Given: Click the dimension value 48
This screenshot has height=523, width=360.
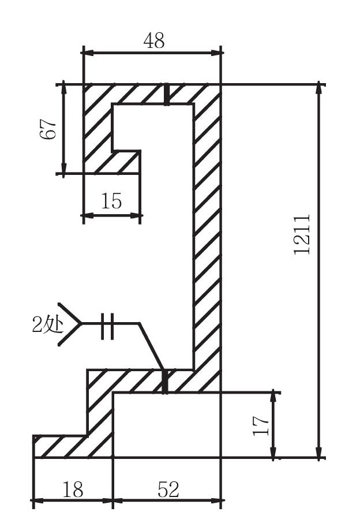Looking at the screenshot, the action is (x=154, y=41).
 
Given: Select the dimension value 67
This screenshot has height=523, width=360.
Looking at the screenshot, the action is (x=48, y=129).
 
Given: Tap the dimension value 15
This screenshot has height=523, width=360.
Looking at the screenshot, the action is (x=111, y=201).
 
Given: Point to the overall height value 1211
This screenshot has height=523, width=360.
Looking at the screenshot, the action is (x=302, y=234).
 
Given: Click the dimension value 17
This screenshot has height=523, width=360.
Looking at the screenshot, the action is (x=261, y=425).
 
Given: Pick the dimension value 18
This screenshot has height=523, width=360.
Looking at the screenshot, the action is (x=73, y=490).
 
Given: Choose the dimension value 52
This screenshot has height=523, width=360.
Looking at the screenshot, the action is (x=168, y=490).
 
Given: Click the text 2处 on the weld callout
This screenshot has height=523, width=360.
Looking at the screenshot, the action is (x=48, y=324).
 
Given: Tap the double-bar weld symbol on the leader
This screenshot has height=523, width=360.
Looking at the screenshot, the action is (x=107, y=326).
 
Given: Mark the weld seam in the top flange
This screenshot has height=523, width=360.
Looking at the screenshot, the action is (x=166, y=95).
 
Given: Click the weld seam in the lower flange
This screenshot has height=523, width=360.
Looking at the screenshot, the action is (x=164, y=381).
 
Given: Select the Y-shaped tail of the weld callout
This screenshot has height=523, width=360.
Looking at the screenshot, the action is (x=69, y=324).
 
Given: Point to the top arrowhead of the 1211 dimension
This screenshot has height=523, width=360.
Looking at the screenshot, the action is (x=320, y=89).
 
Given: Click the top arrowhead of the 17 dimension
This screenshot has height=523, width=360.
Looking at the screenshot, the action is (x=273, y=398).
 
